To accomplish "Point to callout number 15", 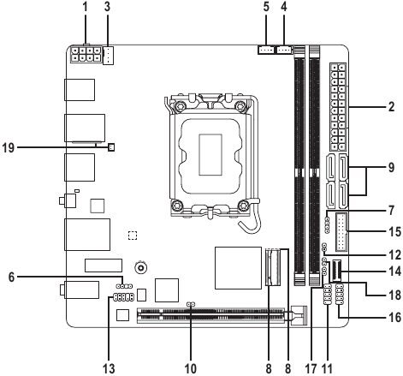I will (x=391, y=230).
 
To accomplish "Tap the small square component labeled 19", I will (x=111, y=146).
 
